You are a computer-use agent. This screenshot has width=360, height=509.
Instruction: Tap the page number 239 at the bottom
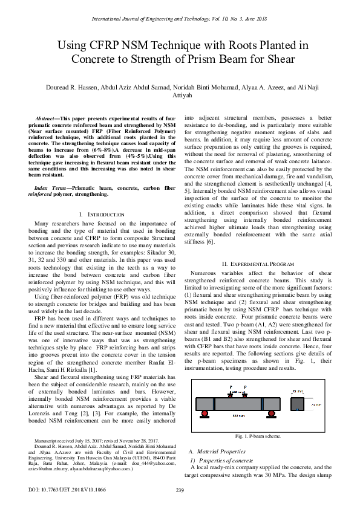(180, 490)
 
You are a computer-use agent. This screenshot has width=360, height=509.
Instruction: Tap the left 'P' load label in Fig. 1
(230, 386)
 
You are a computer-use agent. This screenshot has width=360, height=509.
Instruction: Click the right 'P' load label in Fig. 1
(246, 386)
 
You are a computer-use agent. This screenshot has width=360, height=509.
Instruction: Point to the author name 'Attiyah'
(180, 95)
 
